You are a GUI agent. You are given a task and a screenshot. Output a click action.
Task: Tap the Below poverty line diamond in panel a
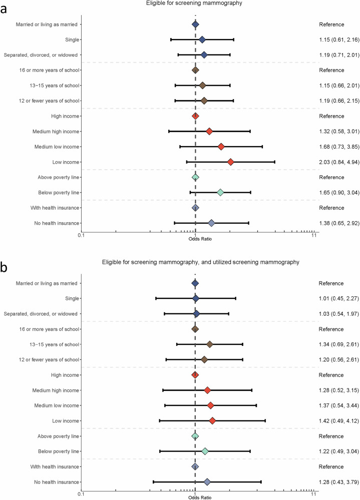(x=220, y=193)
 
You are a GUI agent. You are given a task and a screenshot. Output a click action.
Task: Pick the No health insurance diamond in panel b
(x=207, y=468)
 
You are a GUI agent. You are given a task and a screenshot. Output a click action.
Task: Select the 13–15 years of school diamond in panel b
(x=210, y=344)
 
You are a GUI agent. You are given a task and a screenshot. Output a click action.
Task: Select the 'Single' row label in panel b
(x=70, y=299)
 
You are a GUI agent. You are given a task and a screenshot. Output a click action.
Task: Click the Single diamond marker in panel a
(x=202, y=40)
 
